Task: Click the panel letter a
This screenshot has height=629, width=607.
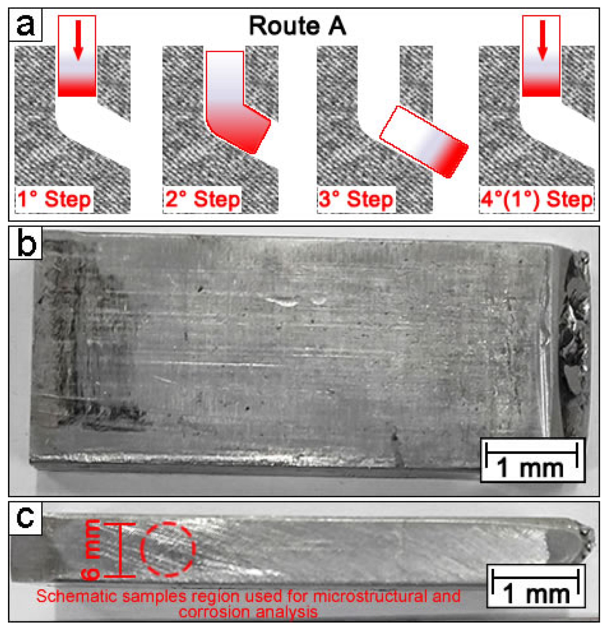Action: [25, 25]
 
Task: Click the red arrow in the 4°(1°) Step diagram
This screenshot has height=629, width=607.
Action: [542, 40]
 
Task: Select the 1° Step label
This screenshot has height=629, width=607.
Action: [54, 199]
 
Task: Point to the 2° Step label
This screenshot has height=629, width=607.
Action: [202, 199]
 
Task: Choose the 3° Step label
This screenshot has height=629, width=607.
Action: [356, 199]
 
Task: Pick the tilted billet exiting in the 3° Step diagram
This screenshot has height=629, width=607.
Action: [424, 141]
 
